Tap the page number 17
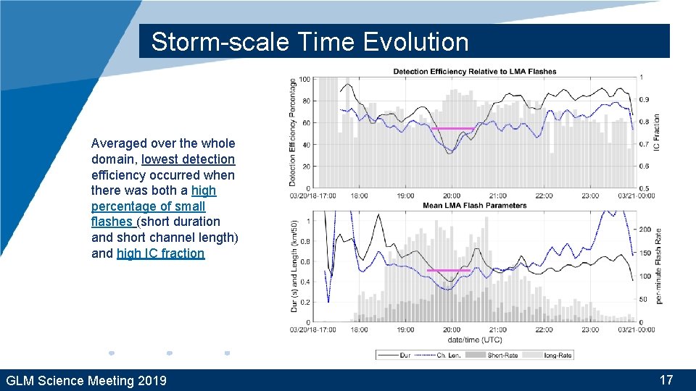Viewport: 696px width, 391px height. coord(666,380)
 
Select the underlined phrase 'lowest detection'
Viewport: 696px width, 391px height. coord(188,159)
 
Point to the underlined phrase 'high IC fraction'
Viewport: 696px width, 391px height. coord(160,253)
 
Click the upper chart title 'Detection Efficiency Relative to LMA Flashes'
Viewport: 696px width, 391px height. coord(474,71)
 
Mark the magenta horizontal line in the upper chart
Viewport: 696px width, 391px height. coord(452,129)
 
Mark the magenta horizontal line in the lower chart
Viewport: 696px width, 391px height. coord(449,271)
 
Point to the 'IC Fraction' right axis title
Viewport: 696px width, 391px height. coord(657,133)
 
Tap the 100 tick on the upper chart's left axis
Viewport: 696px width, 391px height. coord(304,79)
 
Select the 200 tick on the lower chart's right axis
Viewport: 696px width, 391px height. coord(645,230)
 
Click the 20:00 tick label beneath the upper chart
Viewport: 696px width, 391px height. coord(451,195)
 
